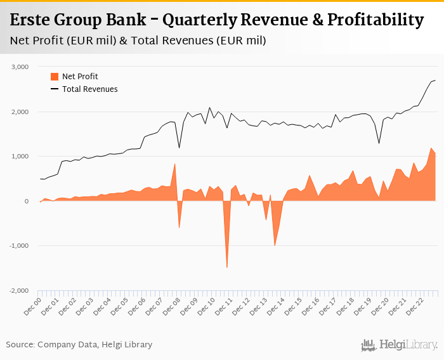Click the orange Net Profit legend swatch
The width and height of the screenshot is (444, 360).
(x=54, y=77)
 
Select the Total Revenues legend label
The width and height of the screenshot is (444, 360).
(x=89, y=89)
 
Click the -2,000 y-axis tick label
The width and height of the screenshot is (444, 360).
(x=19, y=290)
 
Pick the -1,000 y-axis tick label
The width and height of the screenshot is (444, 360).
(x=19, y=246)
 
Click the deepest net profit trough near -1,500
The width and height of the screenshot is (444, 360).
(x=227, y=267)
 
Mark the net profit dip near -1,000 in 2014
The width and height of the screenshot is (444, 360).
(x=275, y=245)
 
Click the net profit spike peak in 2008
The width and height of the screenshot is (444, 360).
(x=174, y=164)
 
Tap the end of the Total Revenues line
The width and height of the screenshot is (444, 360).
(x=435, y=80)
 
